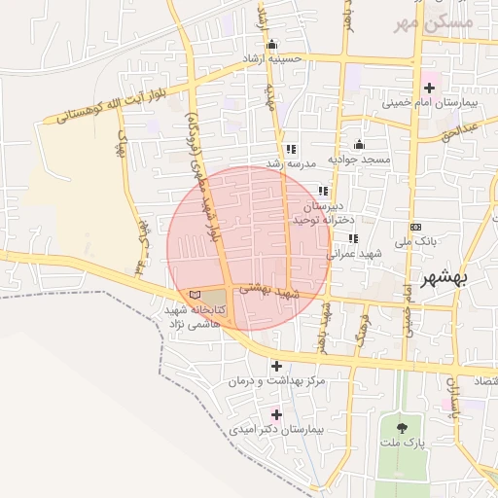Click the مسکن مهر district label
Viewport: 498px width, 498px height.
[x=435, y=20]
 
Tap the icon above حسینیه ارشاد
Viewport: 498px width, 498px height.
[x=271, y=44]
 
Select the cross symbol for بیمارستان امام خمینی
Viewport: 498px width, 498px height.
[x=429, y=88]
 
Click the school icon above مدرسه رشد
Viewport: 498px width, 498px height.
[x=290, y=150]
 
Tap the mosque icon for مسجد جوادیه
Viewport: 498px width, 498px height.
[x=358, y=145]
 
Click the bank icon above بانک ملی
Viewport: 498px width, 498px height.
[x=416, y=227]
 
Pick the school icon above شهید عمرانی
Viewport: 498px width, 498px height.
[x=353, y=238]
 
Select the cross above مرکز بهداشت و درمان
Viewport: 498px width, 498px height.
[x=277, y=367]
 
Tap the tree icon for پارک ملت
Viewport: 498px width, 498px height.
[x=402, y=425]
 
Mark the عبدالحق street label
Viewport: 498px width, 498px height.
[x=458, y=130]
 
